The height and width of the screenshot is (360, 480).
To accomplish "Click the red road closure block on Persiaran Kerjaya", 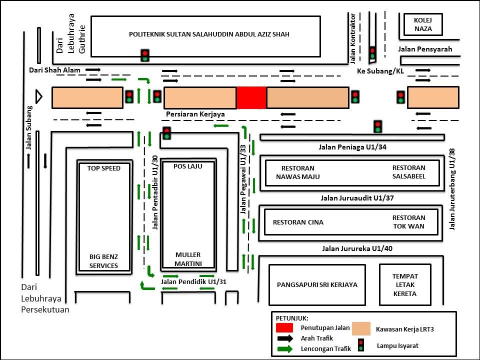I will tap(251, 97).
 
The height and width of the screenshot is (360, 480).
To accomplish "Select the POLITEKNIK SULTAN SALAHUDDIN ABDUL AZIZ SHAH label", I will tap(209, 34).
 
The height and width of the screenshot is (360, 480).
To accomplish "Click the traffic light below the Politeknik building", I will tap(145, 55).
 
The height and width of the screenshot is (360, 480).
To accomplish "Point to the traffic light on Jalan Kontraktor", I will tap(372, 52).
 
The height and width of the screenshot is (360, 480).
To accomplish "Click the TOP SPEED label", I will tap(104, 168).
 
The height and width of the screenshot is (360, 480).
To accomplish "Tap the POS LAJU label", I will tap(187, 166).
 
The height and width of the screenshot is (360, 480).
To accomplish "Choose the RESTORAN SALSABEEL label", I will tap(408, 172).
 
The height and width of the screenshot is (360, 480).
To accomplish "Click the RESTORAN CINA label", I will tap(298, 222).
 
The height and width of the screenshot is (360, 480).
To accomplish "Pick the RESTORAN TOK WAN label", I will tap(408, 222).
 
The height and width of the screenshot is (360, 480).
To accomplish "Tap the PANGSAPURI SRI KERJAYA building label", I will tap(317, 284).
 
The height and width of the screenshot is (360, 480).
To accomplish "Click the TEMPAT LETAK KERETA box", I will tap(404, 284).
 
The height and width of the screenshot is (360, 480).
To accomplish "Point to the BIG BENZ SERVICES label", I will tap(104, 261).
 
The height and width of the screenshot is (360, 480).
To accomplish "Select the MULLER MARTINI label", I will tap(187, 259).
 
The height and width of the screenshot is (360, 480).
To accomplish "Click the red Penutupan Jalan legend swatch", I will tap(284, 328).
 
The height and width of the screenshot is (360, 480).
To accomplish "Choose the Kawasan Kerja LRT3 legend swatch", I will tap(361, 328).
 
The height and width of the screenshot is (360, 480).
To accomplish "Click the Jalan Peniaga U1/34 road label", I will tap(352, 147).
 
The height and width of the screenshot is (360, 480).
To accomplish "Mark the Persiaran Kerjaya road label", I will tap(195, 114).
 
